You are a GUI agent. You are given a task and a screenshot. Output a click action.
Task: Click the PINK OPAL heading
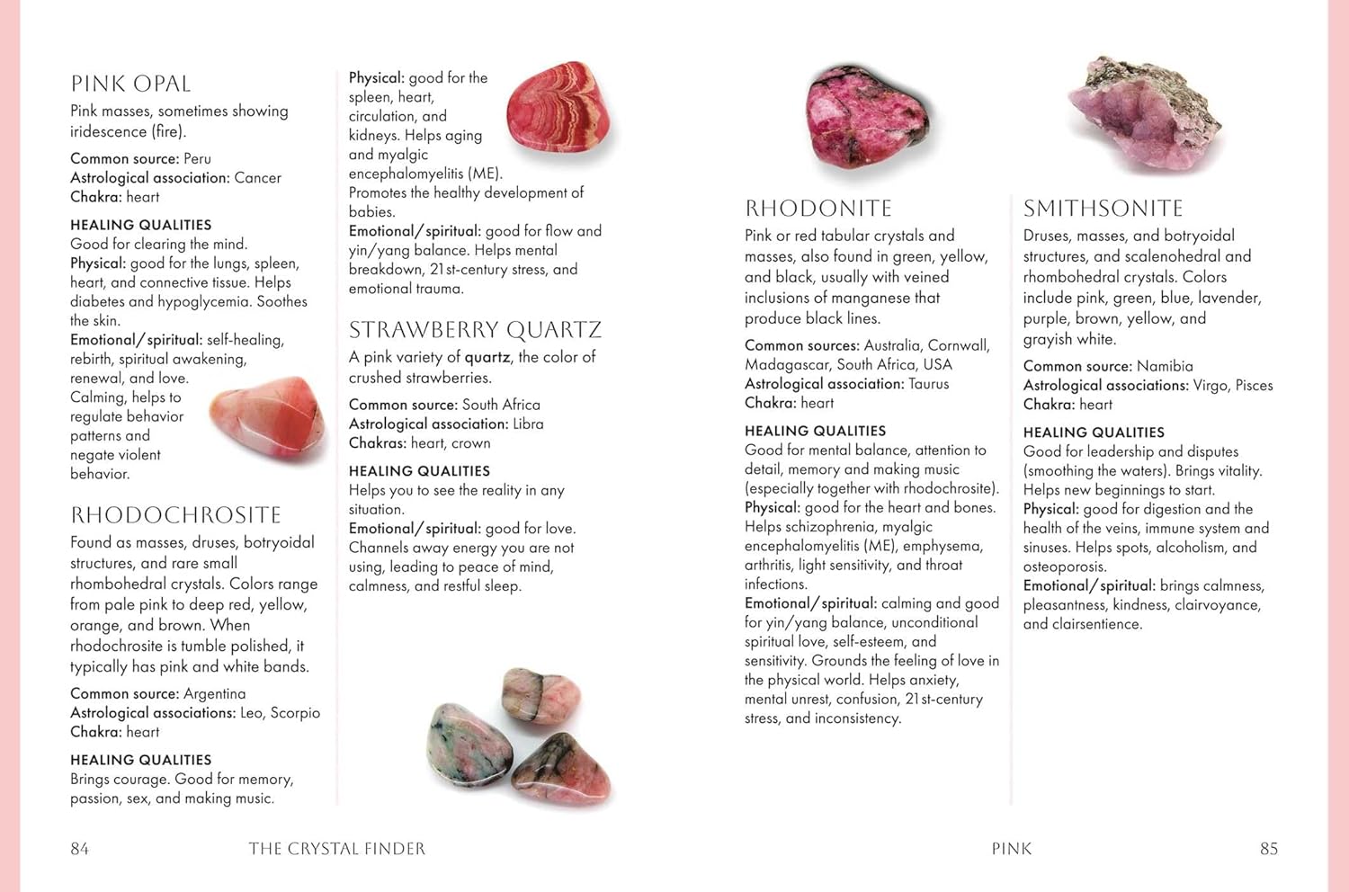(130, 85)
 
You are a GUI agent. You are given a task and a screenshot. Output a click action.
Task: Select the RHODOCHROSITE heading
(176, 515)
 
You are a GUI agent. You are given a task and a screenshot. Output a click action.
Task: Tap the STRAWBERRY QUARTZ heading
(475, 330)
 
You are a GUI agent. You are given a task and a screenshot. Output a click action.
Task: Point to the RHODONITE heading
(818, 209)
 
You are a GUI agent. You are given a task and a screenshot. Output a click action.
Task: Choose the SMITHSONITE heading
(1103, 209)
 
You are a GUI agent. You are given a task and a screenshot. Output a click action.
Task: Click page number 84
(80, 849)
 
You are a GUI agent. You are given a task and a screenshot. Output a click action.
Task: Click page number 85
(1268, 849)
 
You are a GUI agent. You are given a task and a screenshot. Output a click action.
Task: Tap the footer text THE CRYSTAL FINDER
(337, 849)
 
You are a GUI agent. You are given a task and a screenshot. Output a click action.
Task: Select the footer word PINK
(1012, 849)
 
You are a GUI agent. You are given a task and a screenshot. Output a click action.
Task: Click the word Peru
(197, 159)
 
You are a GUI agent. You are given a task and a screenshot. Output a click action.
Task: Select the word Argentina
(214, 694)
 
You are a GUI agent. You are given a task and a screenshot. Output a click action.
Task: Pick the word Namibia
(1165, 366)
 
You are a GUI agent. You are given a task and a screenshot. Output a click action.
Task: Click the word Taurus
(929, 384)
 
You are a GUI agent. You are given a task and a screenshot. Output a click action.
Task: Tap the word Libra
(528, 424)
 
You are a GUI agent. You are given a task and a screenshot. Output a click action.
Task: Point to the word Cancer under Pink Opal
(257, 178)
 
